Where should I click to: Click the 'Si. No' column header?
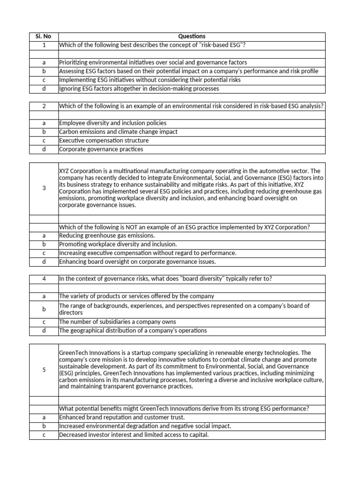tap(44, 37)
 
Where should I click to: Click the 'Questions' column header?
tap(191, 37)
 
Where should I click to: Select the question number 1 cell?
tap(44, 45)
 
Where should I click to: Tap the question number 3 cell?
tap(44, 188)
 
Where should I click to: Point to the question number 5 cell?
tap(44, 370)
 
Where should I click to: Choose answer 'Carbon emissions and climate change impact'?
tap(118, 132)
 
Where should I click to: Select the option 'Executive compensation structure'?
tap(104, 140)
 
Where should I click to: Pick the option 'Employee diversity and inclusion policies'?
tap(112, 123)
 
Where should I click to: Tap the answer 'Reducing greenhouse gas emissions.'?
tap(107, 236)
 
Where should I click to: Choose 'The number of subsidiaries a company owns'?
tap(117, 322)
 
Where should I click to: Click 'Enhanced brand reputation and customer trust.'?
tap(122, 417)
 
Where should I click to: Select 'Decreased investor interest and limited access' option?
tap(134, 435)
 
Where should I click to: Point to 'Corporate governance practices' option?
tap(101, 149)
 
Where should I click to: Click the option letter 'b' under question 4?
tap(44, 309)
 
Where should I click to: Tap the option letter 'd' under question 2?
tap(44, 149)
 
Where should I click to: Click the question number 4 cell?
tap(44, 279)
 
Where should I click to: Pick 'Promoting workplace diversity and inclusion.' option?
tap(118, 244)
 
